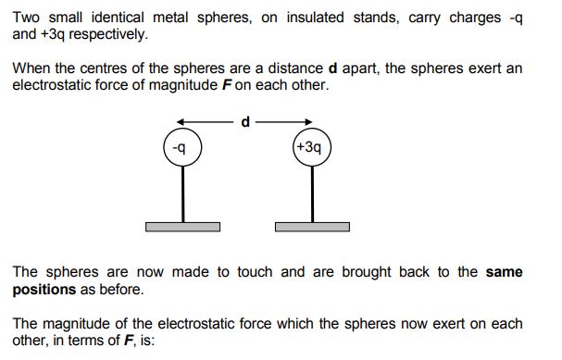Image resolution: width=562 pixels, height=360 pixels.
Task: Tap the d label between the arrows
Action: (245, 122)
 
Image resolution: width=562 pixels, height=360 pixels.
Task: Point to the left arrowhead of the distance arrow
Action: (181, 122)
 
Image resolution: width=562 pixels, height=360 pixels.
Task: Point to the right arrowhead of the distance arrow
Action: (308, 122)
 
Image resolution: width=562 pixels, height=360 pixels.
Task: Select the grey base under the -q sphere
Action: (182, 227)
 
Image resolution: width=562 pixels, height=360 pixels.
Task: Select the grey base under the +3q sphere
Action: (313, 227)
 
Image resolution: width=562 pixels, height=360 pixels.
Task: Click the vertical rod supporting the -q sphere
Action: (182, 194)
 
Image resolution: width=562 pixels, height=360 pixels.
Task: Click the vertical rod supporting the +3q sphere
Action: (313, 194)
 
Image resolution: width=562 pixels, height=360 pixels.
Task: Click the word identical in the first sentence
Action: (118, 18)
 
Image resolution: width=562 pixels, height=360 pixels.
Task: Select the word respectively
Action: (108, 34)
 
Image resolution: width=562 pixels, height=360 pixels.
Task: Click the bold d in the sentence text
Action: (332, 68)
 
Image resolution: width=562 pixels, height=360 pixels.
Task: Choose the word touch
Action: (255, 272)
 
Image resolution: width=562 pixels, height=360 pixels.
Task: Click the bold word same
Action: (505, 272)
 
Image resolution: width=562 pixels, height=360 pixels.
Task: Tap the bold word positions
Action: (44, 290)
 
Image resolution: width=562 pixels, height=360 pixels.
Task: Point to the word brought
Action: (367, 272)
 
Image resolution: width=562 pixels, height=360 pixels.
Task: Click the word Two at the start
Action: (26, 18)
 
